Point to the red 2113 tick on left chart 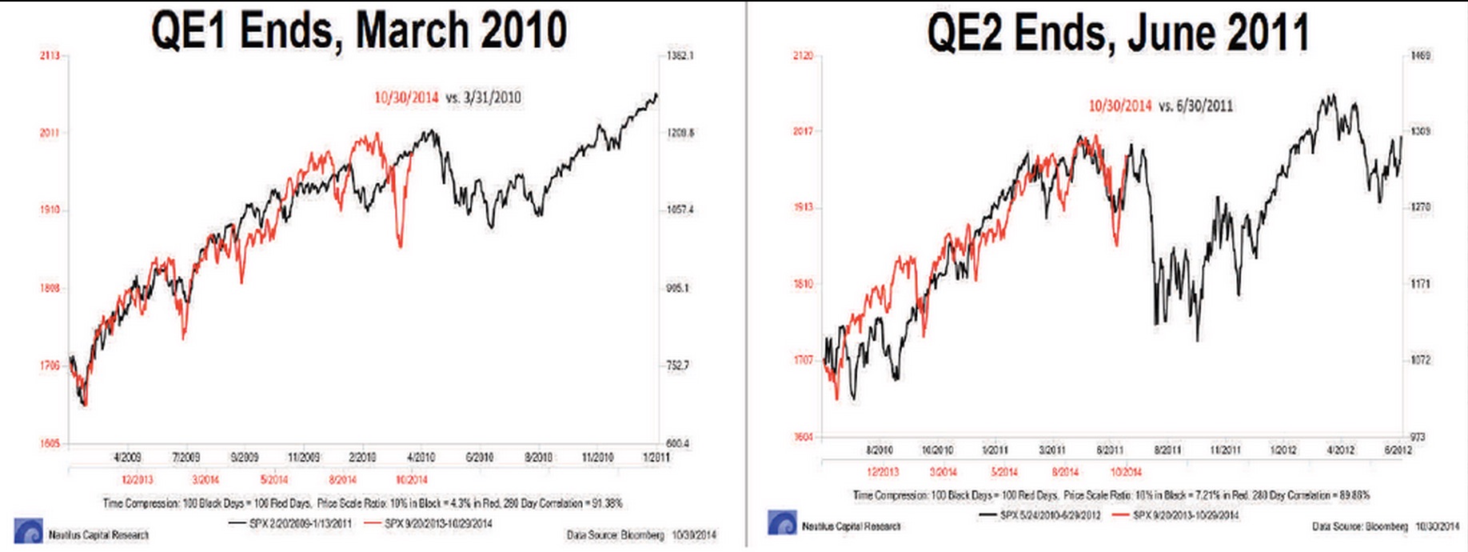50,56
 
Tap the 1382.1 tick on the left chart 680,56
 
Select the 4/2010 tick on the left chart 421,458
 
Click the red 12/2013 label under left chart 138,480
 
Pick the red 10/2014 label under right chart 1126,472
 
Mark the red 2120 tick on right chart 803,55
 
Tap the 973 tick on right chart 1417,437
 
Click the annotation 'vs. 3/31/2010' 483,98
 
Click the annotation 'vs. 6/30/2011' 1195,106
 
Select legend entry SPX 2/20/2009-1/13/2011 300,524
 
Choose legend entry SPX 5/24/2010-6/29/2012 1050,515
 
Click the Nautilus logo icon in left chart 28,531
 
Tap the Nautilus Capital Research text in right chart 851,526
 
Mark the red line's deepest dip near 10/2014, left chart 401,246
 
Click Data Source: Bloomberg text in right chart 1359,526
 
